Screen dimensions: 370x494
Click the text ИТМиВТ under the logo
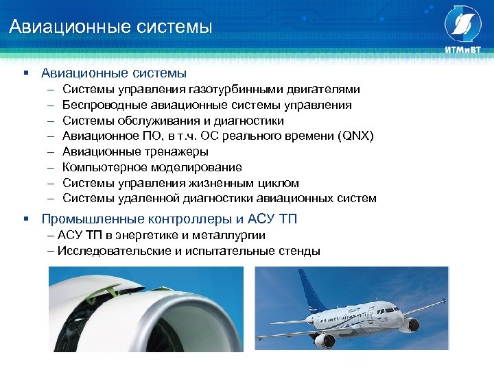click(x=463, y=49)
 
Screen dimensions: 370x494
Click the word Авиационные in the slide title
click(x=56, y=27)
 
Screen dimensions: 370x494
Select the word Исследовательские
click(x=112, y=251)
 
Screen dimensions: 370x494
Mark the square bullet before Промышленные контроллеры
click(x=25, y=219)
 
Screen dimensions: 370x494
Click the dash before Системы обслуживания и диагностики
click(x=51, y=121)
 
